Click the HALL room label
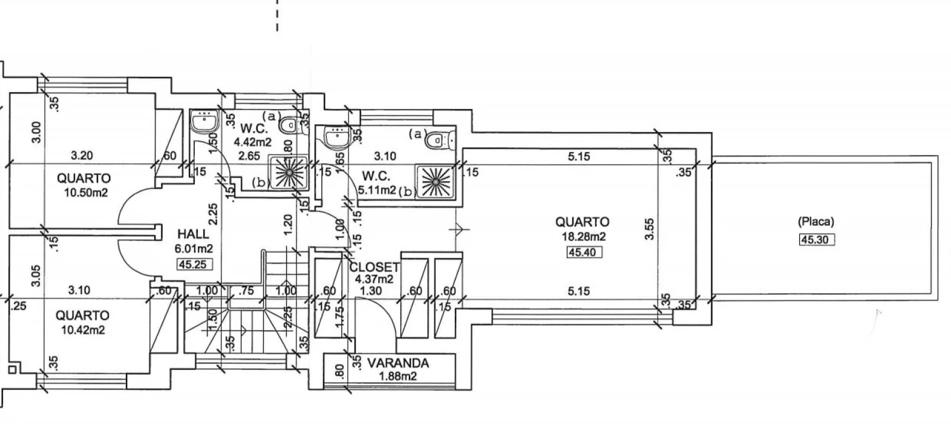click(x=193, y=234)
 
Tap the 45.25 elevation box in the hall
click(x=193, y=263)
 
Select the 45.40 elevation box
click(x=584, y=252)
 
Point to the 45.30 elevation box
click(x=817, y=240)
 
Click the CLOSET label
click(x=374, y=267)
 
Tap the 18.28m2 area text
click(x=581, y=237)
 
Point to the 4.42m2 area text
click(x=253, y=142)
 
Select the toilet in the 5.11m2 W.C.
click(x=437, y=141)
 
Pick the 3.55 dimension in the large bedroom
click(x=650, y=230)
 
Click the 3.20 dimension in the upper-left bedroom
click(x=82, y=156)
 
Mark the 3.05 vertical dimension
click(x=36, y=276)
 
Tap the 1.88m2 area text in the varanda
click(x=398, y=377)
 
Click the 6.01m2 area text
click(x=193, y=248)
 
